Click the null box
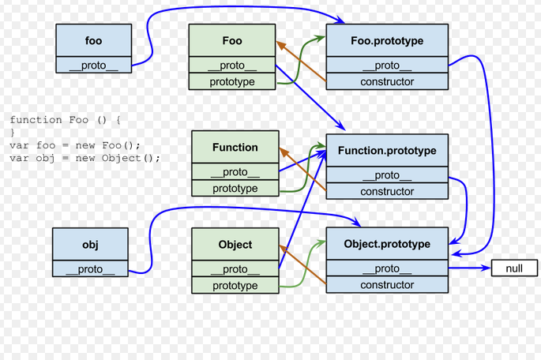click(514, 268)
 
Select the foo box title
click(93, 40)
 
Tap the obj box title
click(90, 244)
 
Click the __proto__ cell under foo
click(93, 66)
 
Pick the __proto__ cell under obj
click(90, 269)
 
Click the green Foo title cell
click(232, 40)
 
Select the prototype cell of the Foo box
click(232, 82)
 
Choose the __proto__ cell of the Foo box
click(232, 66)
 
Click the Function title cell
click(235, 147)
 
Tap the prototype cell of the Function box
click(235, 189)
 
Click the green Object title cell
click(235, 245)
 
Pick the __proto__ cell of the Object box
click(235, 269)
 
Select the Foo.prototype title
click(387, 40)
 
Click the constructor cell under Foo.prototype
click(387, 82)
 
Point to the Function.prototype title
click(387, 150)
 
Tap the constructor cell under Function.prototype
click(387, 191)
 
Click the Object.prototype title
click(387, 244)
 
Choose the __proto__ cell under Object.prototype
click(387, 268)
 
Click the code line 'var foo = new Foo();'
click(75, 145)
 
